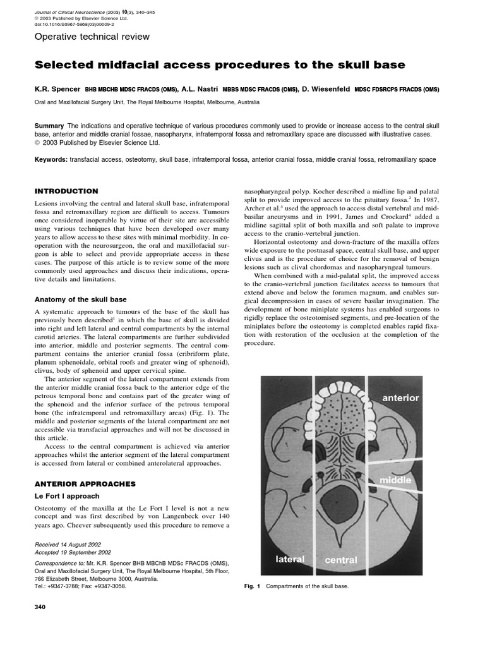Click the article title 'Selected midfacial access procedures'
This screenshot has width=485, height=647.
(219, 65)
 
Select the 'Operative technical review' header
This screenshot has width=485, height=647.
(92, 37)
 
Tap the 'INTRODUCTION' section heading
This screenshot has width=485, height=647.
(66, 191)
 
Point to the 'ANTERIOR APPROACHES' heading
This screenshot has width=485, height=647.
(85, 483)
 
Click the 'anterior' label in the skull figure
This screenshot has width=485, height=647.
(400, 398)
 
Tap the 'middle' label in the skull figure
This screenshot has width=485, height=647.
(395, 480)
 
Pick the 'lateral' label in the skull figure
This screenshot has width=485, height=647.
(290, 559)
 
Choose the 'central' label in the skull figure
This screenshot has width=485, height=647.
(340, 560)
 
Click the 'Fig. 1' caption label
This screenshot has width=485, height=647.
(253, 586)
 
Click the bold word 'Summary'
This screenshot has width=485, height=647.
(49, 126)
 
